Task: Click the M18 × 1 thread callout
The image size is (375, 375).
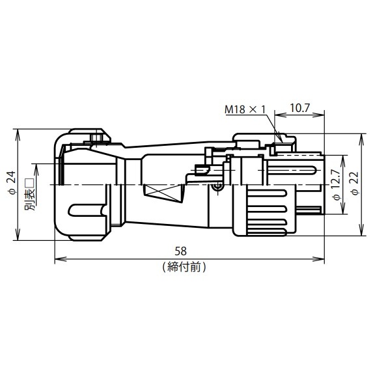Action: coord(245,109)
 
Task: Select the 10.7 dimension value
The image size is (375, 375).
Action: coord(299,108)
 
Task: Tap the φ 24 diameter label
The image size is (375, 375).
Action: coord(12,183)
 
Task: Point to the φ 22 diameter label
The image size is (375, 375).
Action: coord(355,184)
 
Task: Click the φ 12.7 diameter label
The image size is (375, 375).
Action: coord(337,185)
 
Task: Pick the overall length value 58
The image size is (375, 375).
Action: coord(181,251)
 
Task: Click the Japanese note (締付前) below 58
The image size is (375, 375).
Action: coord(184,267)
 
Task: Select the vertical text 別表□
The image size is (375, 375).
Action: coord(30,195)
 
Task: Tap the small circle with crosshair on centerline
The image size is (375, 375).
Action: coord(217,187)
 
